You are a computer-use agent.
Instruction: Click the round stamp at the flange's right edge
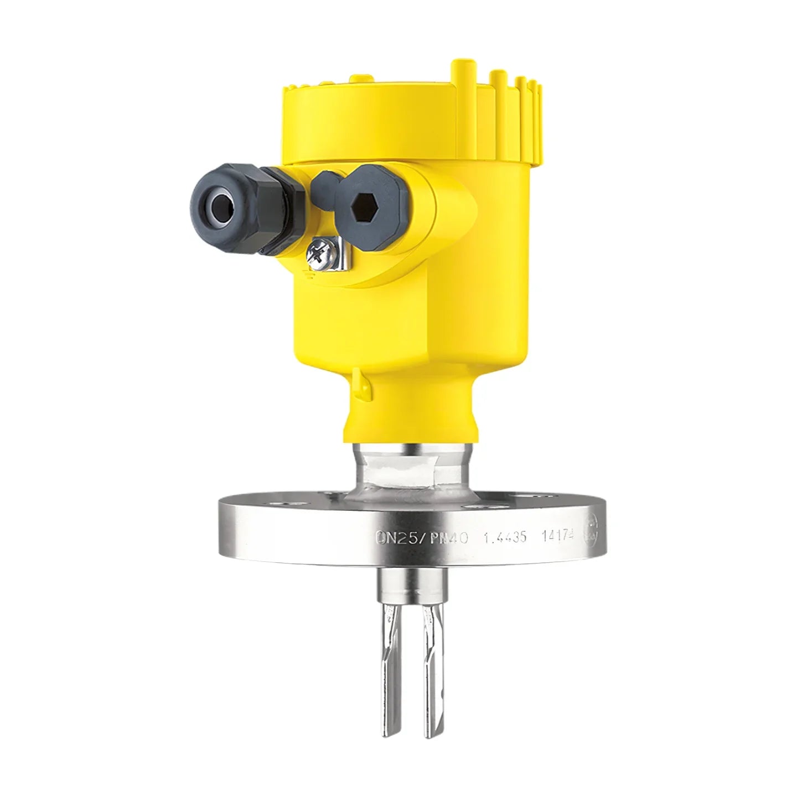pos(594,525)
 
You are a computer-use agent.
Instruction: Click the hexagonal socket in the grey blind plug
pos(364,207)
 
